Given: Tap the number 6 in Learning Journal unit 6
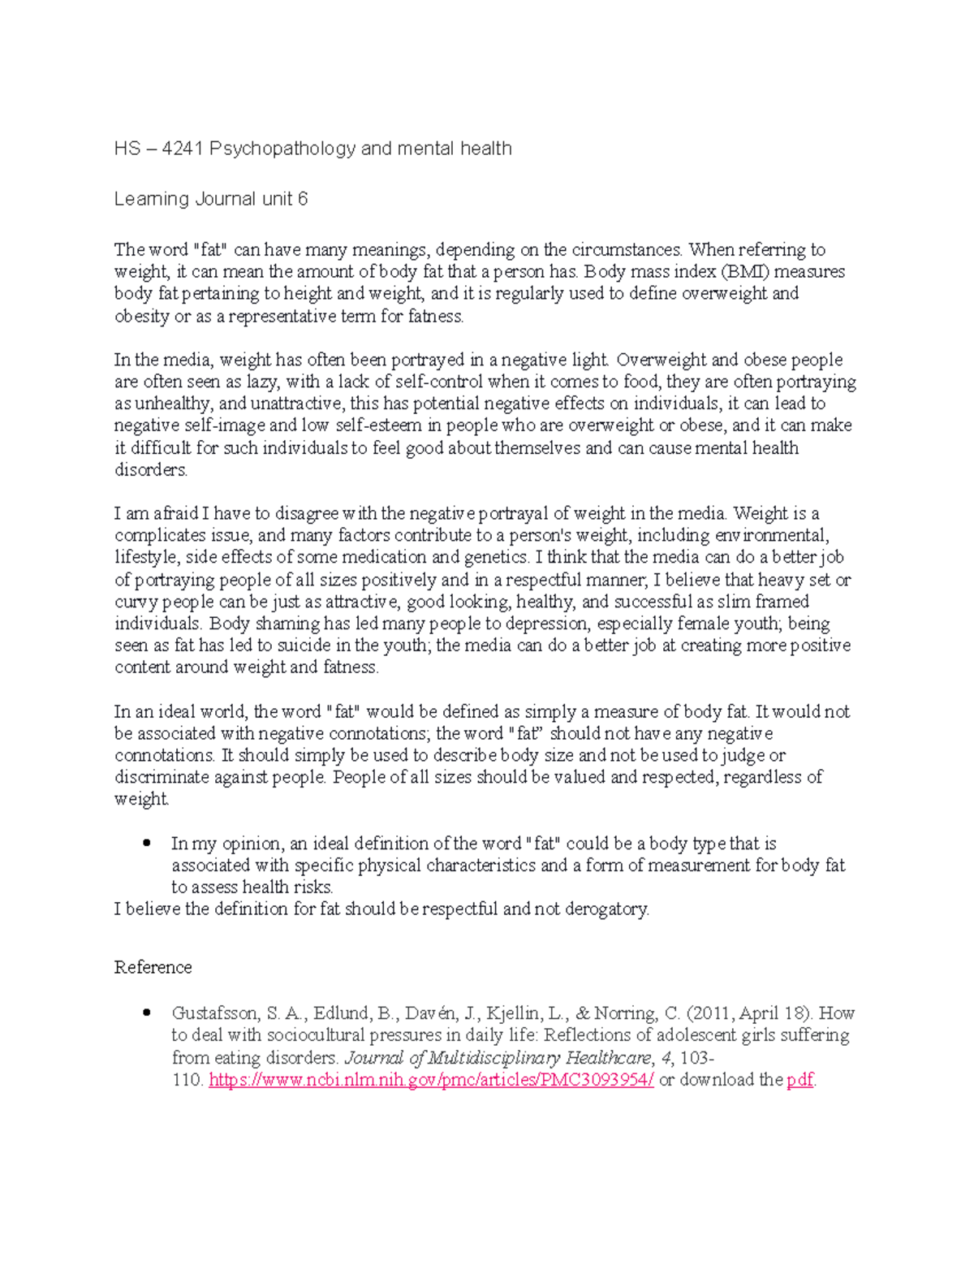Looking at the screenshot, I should coord(303,199).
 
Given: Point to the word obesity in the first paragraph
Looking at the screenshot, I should coord(141,316).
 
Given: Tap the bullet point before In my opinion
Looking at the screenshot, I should coord(147,844).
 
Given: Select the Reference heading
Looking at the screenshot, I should coord(153,967).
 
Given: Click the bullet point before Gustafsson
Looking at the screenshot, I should coord(147,1013).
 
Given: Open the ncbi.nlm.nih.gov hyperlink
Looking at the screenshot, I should coord(431,1080).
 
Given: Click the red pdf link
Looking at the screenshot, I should coord(799,1080).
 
